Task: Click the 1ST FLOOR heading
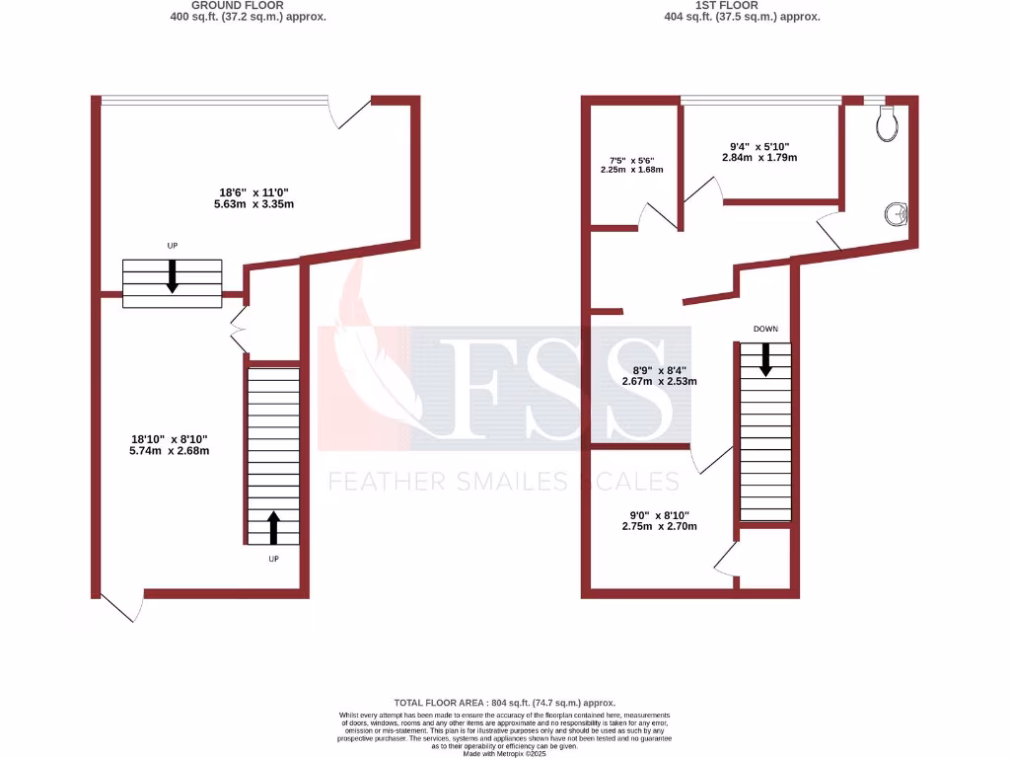742,6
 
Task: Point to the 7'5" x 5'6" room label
632,164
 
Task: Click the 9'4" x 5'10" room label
757,151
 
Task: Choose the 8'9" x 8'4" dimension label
659,375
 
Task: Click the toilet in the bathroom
887,122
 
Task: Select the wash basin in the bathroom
898,213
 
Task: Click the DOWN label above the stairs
765,329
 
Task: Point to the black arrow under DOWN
765,360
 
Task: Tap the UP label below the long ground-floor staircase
274,559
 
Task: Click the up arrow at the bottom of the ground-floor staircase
273,528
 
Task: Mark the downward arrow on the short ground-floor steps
172,276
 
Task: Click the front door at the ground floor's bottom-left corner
120,605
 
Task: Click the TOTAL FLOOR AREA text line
504,701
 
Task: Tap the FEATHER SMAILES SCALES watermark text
503,481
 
